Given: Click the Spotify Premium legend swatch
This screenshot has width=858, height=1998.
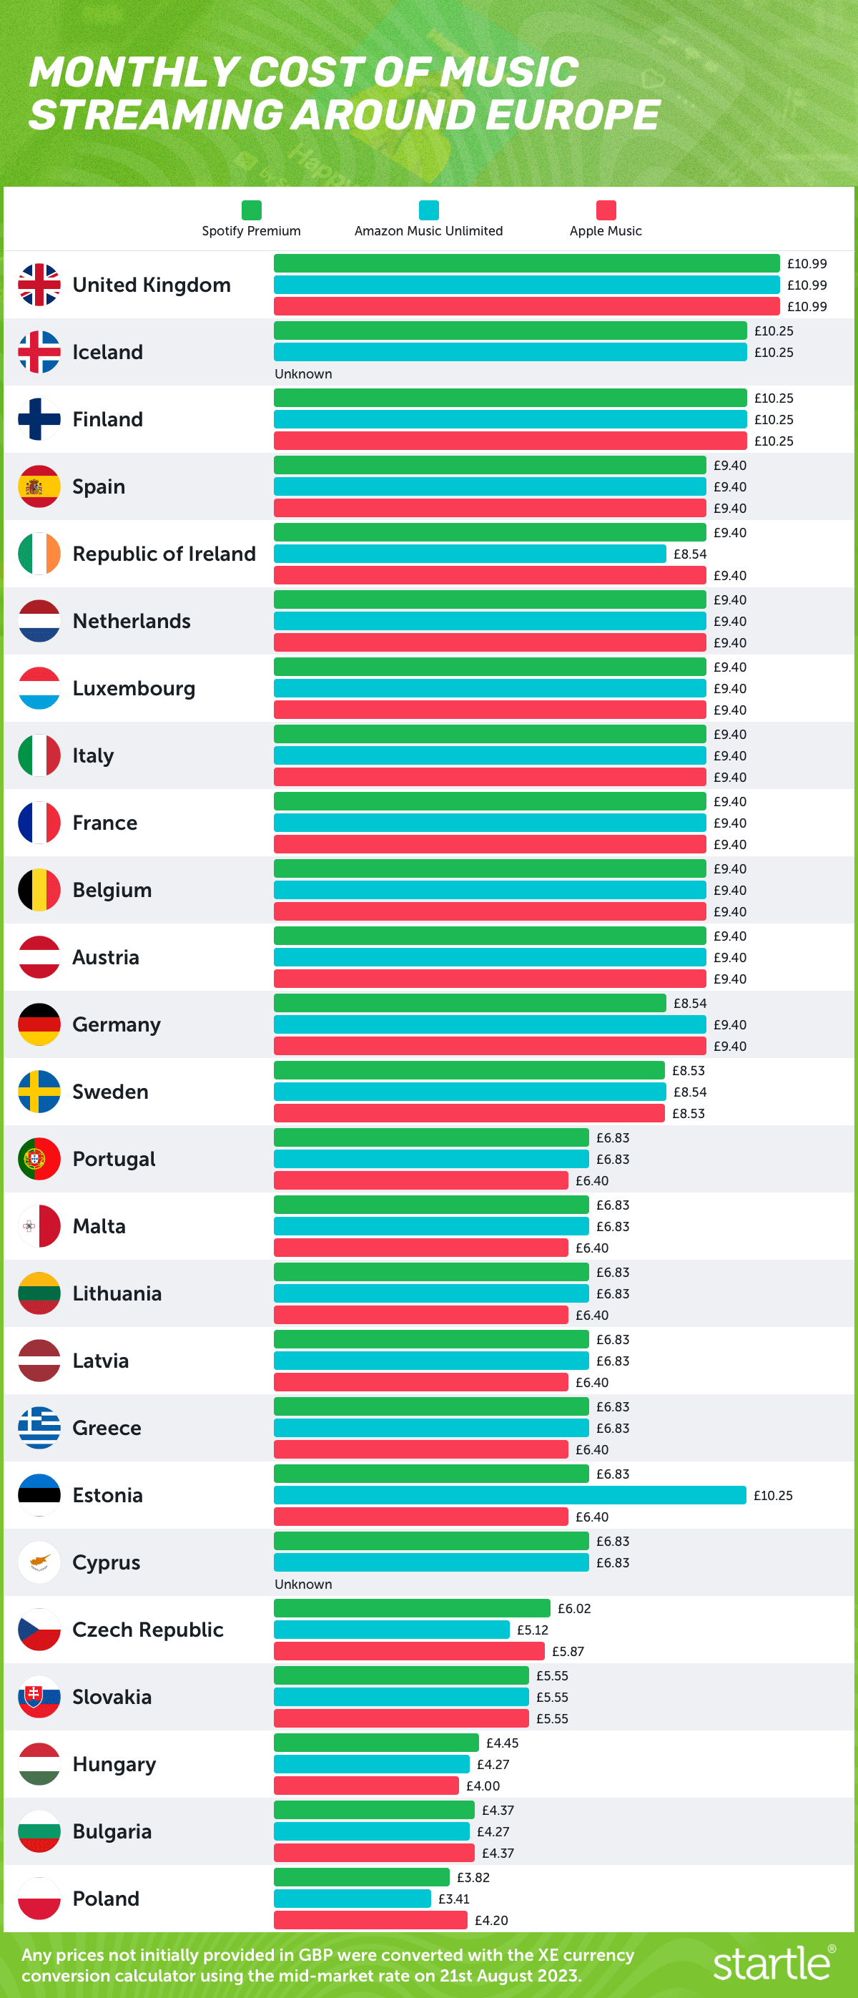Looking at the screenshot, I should [x=251, y=210].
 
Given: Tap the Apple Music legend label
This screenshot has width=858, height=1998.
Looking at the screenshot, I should [x=606, y=231].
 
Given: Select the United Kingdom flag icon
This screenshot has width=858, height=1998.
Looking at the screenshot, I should [x=39, y=285].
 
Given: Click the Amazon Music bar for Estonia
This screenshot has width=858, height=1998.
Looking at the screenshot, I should [x=509, y=1494].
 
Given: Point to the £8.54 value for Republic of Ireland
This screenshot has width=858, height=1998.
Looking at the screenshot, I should [x=690, y=554].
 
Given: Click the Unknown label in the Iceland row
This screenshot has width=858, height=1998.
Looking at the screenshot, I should [x=303, y=374].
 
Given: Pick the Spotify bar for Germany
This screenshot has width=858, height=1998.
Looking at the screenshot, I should [x=470, y=1003].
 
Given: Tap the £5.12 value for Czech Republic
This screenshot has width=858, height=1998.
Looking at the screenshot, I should [x=533, y=1630].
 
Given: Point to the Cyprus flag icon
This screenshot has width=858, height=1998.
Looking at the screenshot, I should [x=39, y=1562].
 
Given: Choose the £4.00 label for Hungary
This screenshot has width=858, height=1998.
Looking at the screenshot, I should [x=483, y=1786].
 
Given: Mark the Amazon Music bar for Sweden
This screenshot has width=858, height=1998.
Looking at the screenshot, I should [x=470, y=1092].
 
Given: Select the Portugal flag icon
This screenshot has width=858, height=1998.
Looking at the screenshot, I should [x=39, y=1159].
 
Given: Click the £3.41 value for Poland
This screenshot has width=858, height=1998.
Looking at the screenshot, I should [x=453, y=1899].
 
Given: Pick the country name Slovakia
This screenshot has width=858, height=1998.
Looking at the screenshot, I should [x=112, y=1697].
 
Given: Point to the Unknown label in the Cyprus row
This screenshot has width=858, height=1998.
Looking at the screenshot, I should [x=303, y=1584].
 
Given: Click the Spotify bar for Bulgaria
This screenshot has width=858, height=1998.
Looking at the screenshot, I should [x=373, y=1810].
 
